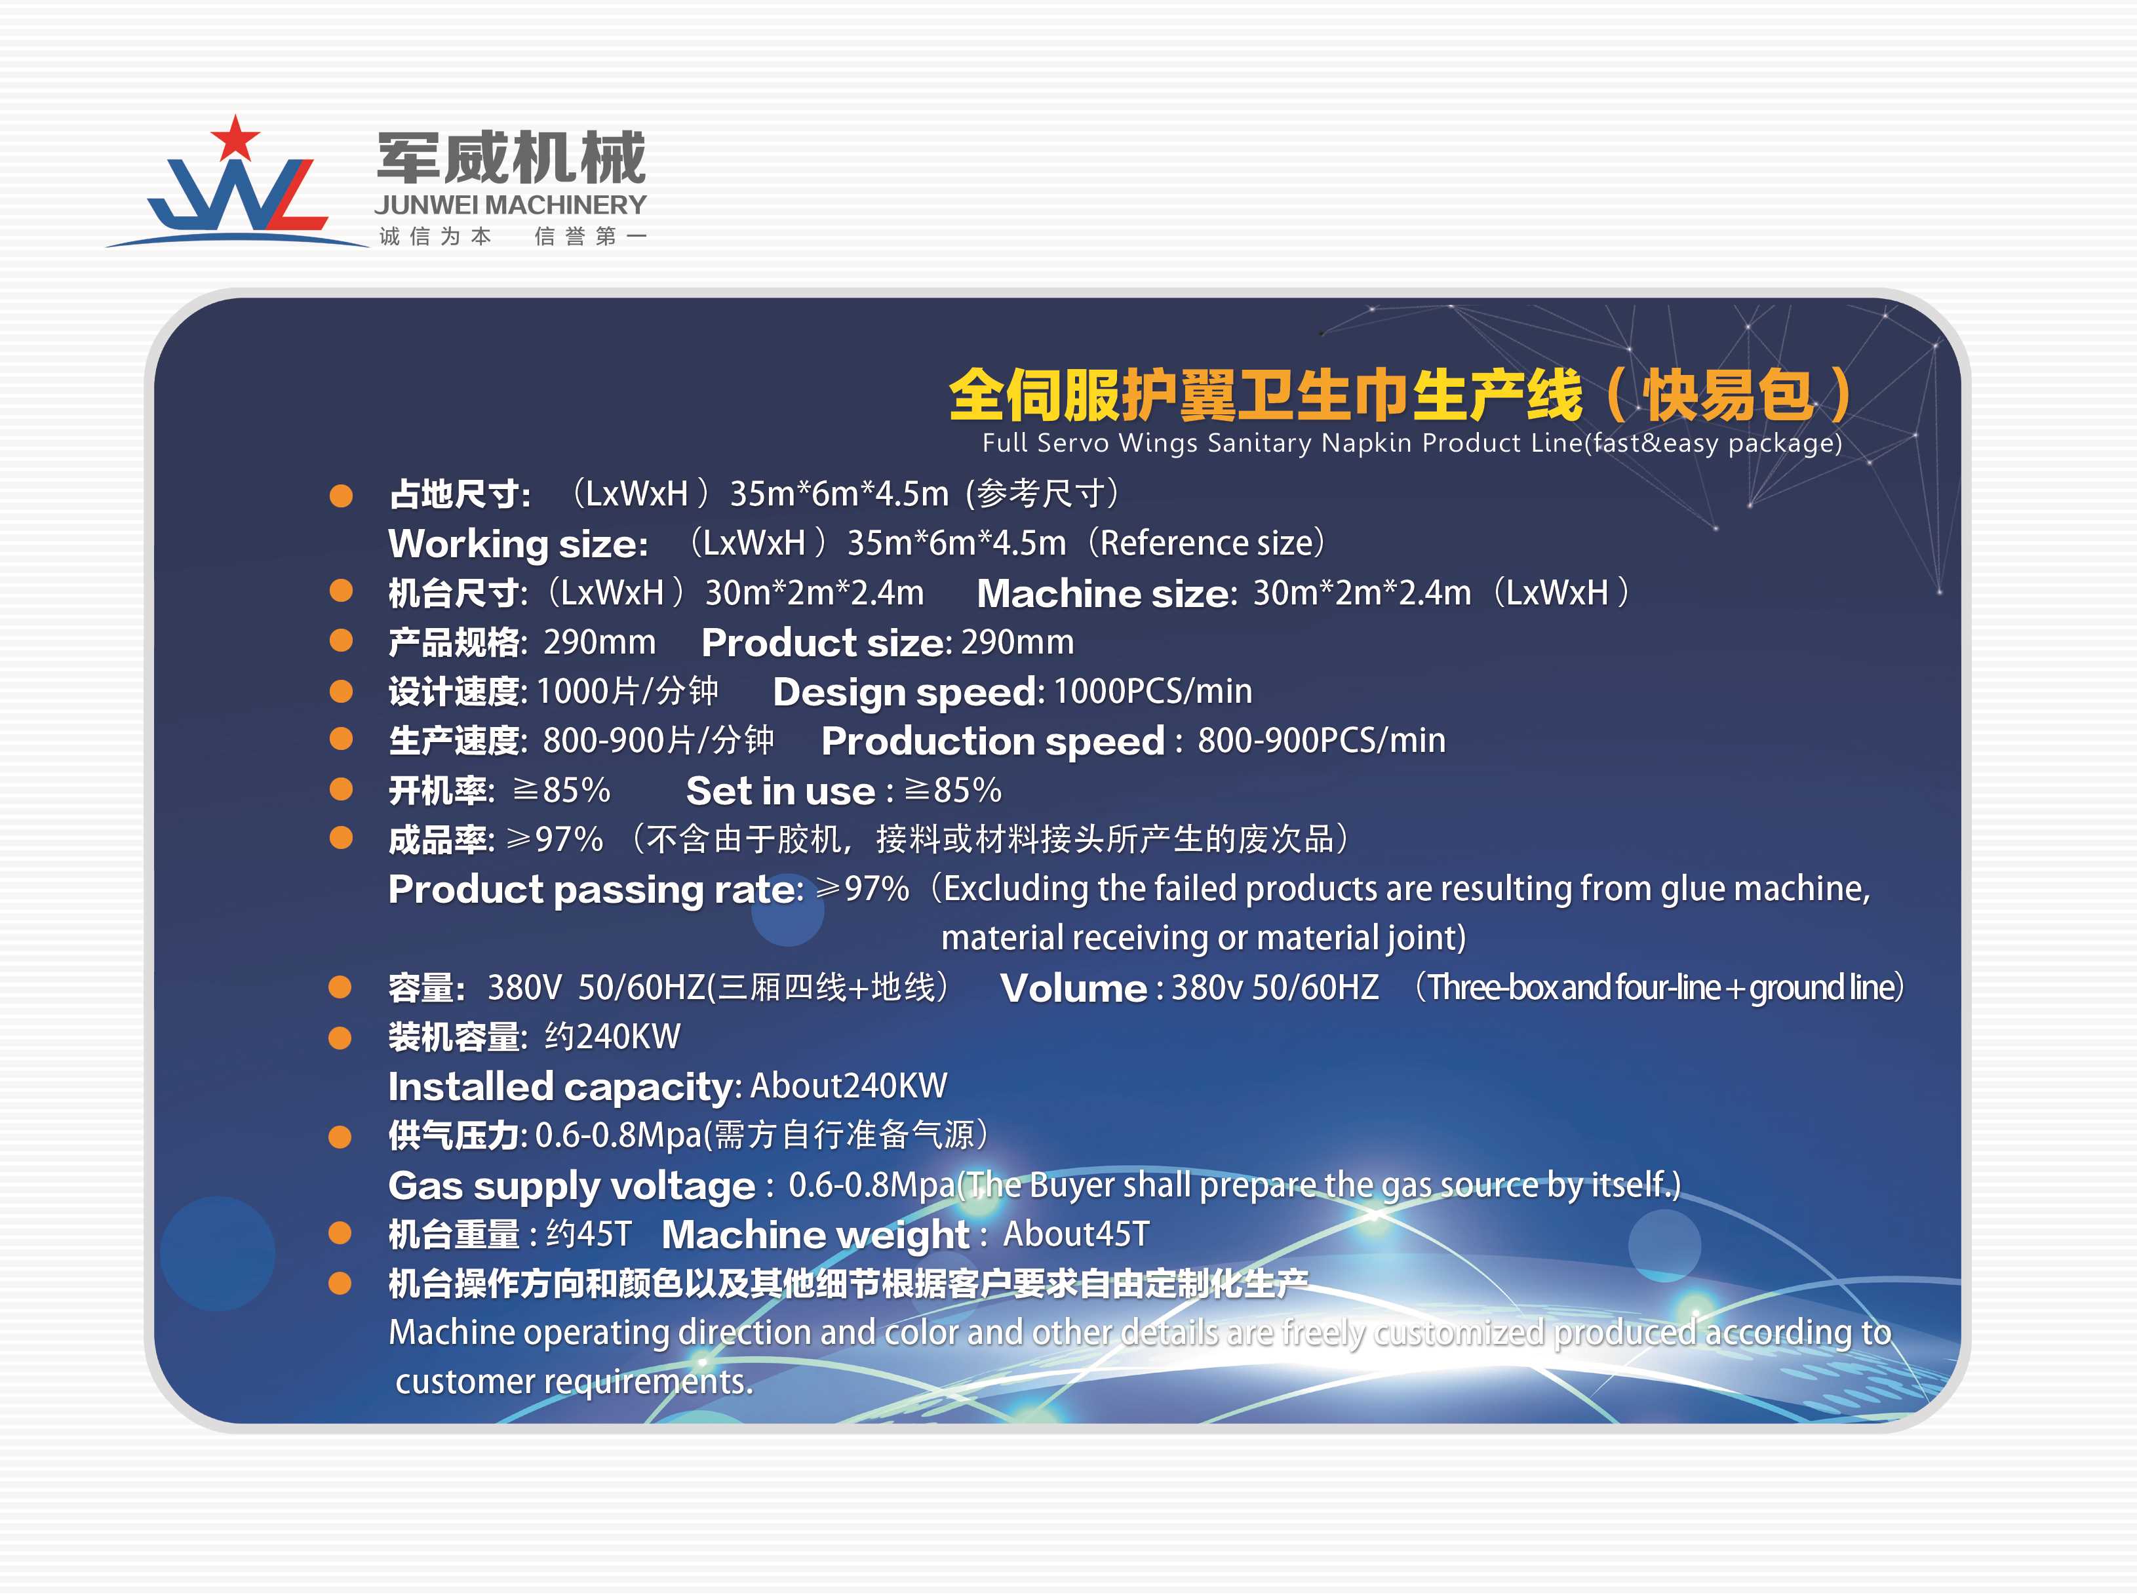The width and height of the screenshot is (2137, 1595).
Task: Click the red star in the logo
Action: tap(235, 138)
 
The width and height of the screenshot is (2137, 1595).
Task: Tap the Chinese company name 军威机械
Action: tap(511, 157)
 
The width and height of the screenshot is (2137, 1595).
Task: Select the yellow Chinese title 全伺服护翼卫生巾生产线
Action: tap(1265, 395)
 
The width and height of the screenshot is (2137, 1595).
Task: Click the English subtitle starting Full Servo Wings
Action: tap(1412, 443)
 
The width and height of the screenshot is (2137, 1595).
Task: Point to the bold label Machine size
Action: tap(1106, 593)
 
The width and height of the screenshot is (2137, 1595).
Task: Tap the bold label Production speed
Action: tap(993, 741)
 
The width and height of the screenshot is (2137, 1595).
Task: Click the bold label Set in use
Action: tap(780, 791)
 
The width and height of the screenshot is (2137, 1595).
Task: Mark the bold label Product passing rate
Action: tap(595, 889)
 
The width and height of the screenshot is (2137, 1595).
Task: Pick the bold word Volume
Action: tap(1073, 988)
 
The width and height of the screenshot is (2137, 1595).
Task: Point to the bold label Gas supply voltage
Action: tap(572, 1186)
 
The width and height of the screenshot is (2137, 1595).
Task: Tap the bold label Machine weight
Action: tap(815, 1235)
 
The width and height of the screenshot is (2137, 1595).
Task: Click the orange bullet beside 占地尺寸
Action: tap(341, 496)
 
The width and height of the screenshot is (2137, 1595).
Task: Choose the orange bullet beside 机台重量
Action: tap(340, 1233)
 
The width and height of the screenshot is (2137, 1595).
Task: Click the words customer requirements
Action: tap(574, 1382)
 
